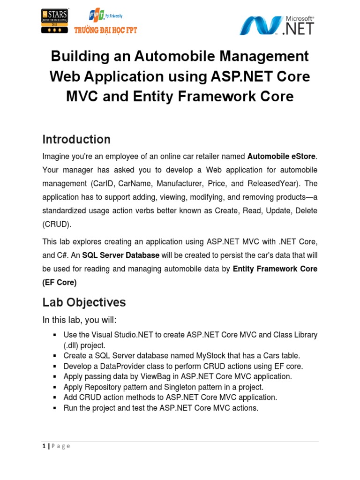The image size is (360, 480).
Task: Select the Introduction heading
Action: pos(76,139)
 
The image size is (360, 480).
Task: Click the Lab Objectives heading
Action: pos(84,302)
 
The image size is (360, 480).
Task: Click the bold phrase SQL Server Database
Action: pos(121,255)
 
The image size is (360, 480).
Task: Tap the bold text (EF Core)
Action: pos(60,282)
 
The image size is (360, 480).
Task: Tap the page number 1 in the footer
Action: pos(44,446)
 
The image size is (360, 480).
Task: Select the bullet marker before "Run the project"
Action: pos(55,408)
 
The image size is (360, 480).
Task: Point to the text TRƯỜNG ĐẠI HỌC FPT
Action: pos(106,30)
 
